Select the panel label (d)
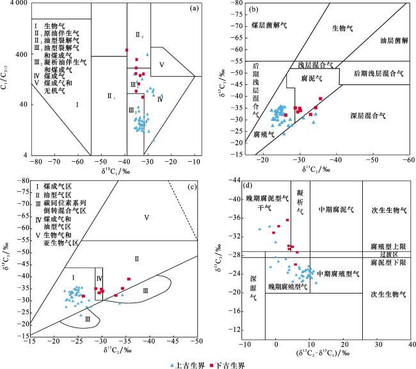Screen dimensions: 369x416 tap(246, 188)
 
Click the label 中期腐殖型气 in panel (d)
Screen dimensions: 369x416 tap(339, 274)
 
